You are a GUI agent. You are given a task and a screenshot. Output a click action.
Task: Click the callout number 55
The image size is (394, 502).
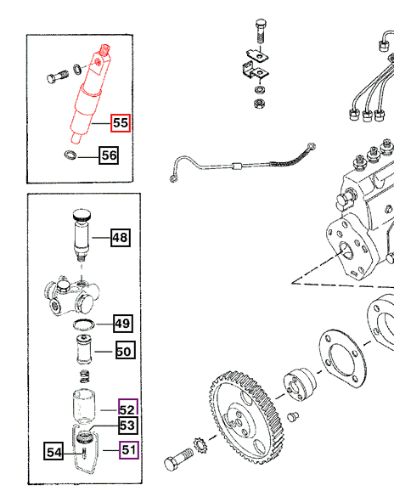(x=121, y=123)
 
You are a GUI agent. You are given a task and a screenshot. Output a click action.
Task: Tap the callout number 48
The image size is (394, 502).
(x=120, y=238)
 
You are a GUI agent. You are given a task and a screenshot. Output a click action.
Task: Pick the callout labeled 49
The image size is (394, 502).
(x=123, y=324)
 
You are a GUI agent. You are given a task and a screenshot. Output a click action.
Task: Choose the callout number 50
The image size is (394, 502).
(x=124, y=348)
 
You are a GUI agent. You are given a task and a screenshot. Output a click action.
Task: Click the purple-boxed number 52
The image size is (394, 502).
(x=127, y=408)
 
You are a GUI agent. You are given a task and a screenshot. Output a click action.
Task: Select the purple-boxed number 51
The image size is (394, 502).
(x=128, y=450)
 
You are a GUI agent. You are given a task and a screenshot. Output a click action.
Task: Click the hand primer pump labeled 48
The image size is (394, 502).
(x=82, y=235)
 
